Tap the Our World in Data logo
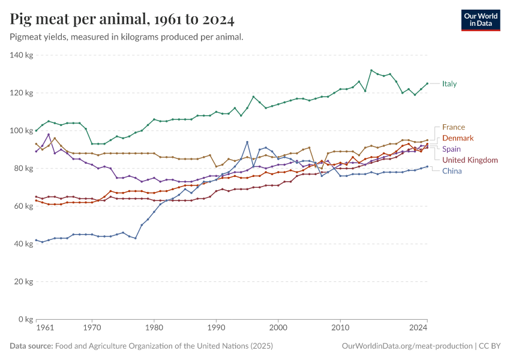tap(480, 20)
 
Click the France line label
tap(454, 127)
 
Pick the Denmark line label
tap(458, 138)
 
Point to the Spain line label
tap(452, 149)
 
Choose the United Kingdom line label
tap(470, 160)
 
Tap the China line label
tap(452, 171)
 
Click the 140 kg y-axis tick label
tap(21, 55)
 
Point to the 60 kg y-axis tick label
tap(23, 206)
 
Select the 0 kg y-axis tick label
tap(25, 319)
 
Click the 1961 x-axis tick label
tap(44, 328)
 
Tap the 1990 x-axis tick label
tap(216, 328)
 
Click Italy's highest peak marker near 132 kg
tap(371, 70)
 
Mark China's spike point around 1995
tap(247, 142)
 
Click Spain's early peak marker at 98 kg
tap(49, 134)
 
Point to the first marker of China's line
tap(36, 240)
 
